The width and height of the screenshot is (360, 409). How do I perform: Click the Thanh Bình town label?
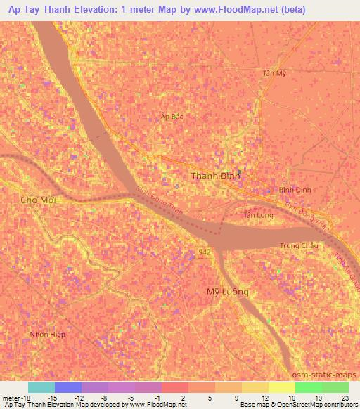[x=215, y=176]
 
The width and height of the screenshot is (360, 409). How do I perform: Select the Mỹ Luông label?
[x=227, y=292]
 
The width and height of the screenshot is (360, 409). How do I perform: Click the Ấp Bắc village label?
[x=172, y=117]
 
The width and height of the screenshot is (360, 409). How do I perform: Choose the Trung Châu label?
[x=300, y=245]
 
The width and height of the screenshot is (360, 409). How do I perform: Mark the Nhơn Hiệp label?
[x=48, y=334]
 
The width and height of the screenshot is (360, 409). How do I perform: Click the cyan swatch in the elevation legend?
[x=41, y=387]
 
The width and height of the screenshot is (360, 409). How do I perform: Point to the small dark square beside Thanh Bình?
[x=239, y=171]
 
